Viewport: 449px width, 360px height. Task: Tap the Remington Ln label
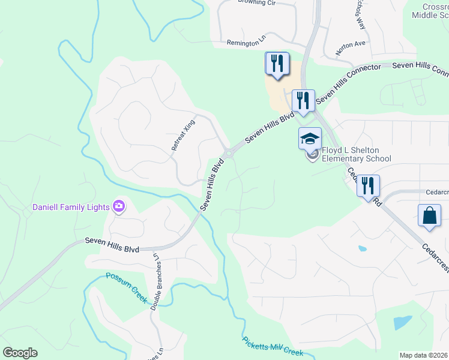click(x=246, y=43)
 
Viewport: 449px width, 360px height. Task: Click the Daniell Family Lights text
click(x=70, y=208)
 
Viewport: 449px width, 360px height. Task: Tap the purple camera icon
click(x=119, y=207)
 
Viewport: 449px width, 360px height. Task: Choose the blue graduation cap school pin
click(x=310, y=139)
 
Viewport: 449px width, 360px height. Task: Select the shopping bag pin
click(x=430, y=216)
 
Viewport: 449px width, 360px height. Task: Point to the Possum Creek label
click(x=127, y=287)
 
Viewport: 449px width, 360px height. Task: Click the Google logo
click(x=20, y=353)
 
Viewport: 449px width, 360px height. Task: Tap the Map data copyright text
click(x=424, y=355)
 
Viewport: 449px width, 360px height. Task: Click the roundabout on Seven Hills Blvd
click(x=229, y=152)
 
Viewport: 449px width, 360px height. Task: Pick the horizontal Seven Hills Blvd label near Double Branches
click(x=112, y=245)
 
